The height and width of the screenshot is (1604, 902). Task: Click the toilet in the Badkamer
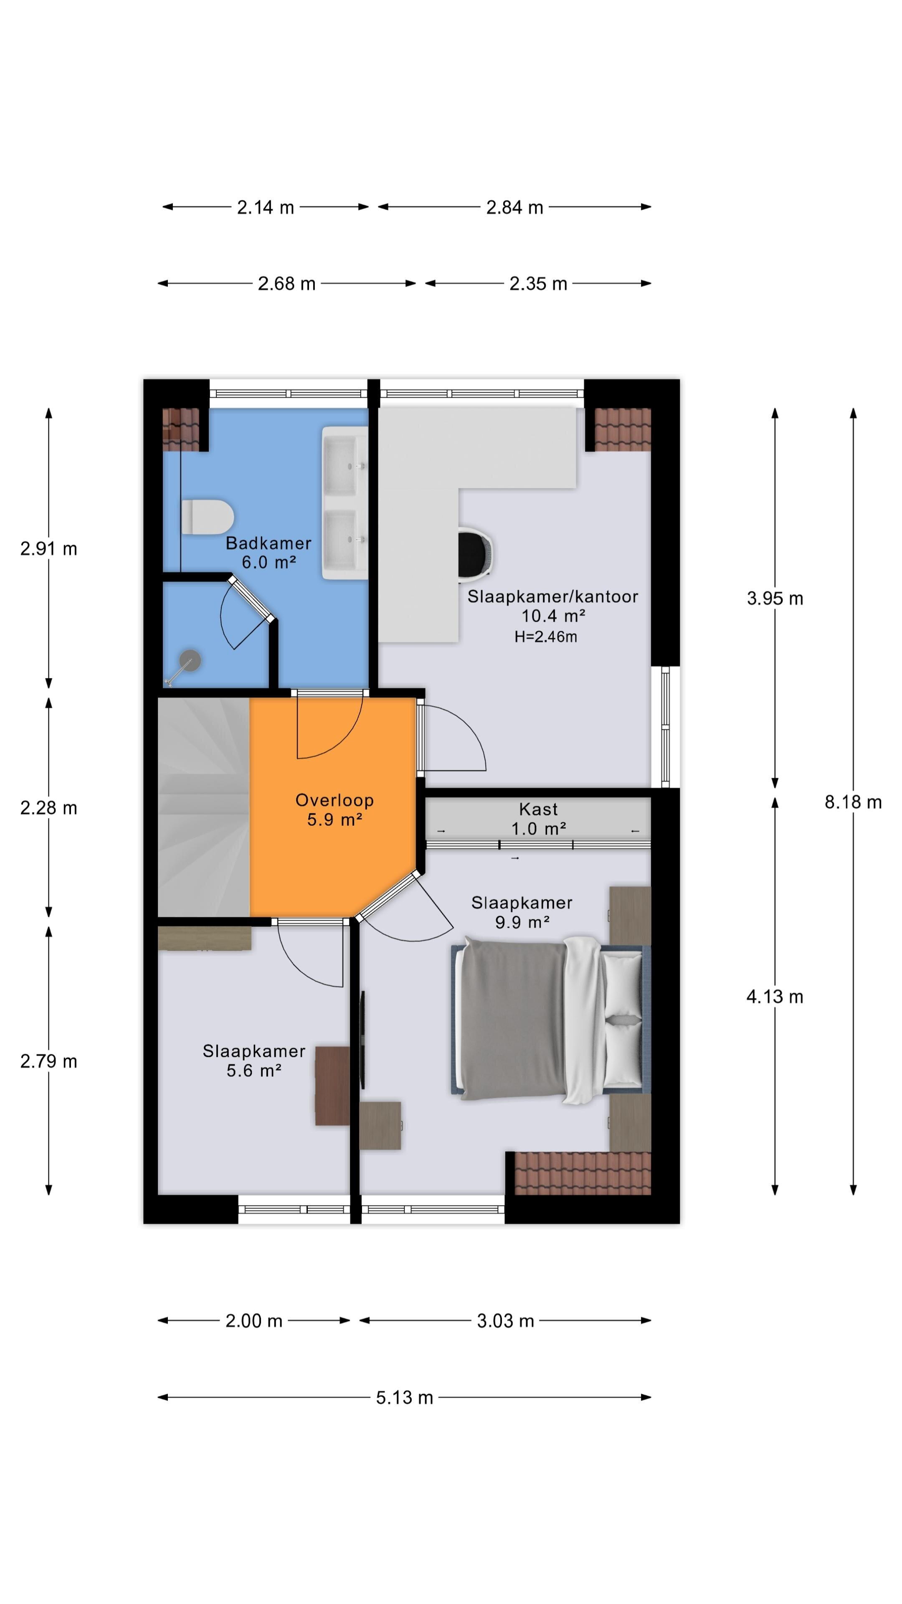click(x=207, y=516)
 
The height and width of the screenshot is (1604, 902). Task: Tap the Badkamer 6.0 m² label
click(x=268, y=552)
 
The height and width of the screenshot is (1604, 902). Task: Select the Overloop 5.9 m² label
click(x=334, y=810)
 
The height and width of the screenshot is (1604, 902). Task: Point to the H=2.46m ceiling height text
click(x=545, y=636)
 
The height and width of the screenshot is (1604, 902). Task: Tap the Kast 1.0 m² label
click(x=538, y=819)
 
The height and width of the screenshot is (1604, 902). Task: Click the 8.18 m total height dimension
click(x=853, y=802)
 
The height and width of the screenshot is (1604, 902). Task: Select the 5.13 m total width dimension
click(x=404, y=1397)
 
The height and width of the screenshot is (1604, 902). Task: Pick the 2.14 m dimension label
click(x=265, y=207)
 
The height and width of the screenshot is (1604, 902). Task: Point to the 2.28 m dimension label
click(x=48, y=807)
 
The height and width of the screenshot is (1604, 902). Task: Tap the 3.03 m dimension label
click(x=505, y=1321)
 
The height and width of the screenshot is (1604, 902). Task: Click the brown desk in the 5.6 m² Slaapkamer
click(x=332, y=1085)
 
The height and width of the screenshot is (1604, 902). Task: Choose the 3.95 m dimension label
click(x=775, y=599)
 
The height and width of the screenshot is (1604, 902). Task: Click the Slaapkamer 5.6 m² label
click(x=254, y=1061)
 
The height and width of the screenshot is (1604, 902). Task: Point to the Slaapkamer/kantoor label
click(x=553, y=596)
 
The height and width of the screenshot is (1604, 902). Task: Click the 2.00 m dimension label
click(x=254, y=1321)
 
